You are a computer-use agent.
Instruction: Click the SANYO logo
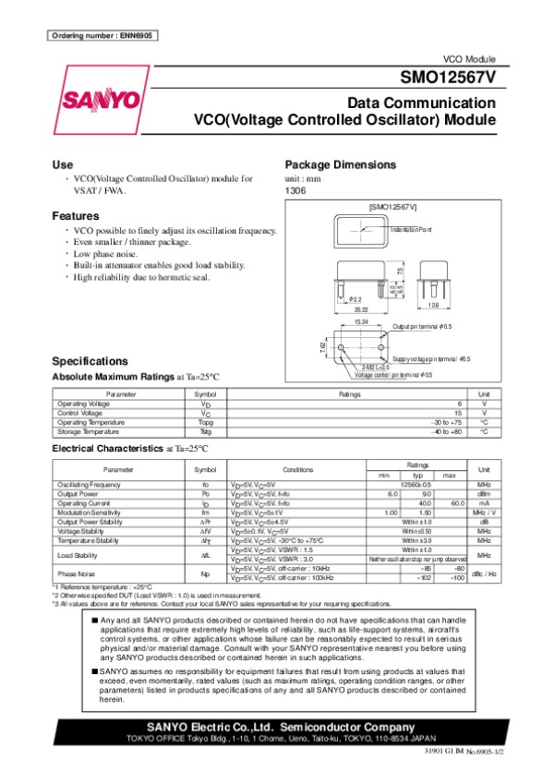tap(102, 99)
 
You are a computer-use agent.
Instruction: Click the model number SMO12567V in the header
tap(449, 78)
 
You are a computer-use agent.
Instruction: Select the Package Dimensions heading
tap(341, 164)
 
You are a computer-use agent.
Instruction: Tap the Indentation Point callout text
tap(411, 228)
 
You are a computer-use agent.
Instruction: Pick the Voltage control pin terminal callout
tap(393, 374)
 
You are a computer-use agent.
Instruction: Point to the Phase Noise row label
tap(75, 575)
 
